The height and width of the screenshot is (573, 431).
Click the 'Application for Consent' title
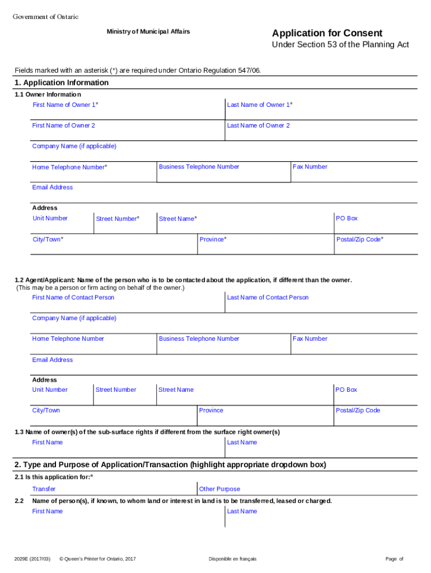tap(327, 33)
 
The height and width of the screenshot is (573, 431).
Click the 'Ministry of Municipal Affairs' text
tap(148, 31)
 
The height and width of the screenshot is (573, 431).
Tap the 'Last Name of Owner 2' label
tap(258, 125)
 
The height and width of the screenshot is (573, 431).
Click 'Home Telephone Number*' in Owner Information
tap(70, 167)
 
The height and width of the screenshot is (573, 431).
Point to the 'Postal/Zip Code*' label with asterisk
tap(359, 239)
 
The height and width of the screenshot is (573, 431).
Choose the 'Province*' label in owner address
tap(213, 239)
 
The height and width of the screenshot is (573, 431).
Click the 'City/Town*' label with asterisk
tap(48, 239)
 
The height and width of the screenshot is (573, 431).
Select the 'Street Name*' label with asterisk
tap(178, 219)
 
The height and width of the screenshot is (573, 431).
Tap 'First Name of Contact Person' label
tap(73, 297)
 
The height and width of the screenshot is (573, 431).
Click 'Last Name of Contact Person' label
tap(268, 297)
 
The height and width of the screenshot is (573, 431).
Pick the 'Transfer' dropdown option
tap(44, 489)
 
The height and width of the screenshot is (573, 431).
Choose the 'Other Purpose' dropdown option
tap(219, 489)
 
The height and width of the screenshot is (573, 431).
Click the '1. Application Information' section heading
tap(62, 83)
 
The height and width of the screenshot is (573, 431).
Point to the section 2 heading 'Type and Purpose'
tap(170, 465)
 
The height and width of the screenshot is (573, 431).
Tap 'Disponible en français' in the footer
tap(232, 559)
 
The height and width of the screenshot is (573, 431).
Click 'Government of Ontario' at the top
tap(46, 17)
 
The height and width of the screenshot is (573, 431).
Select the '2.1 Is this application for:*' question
tap(54, 477)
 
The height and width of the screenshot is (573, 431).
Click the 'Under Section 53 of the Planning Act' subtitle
tap(340, 45)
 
